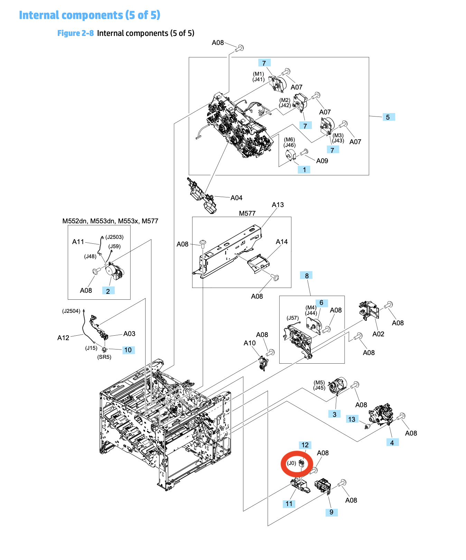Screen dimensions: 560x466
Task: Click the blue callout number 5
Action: [388, 117]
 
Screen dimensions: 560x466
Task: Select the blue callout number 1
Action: [304, 170]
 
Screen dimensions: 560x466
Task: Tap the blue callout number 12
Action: [305, 445]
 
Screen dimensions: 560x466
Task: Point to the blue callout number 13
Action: [352, 419]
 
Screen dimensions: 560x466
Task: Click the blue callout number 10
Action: [128, 350]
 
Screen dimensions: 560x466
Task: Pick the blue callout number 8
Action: [307, 276]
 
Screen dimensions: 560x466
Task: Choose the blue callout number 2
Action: [108, 291]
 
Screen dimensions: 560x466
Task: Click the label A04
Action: [236, 198]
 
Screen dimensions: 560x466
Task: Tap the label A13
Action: [278, 205]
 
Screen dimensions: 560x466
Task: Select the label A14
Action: [282, 242]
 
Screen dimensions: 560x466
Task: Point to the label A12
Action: [63, 338]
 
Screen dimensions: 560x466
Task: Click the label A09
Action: [322, 161]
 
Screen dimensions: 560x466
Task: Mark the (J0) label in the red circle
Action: [292, 463]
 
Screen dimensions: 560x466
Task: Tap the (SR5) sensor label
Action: [104, 357]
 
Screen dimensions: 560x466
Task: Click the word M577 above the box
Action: [247, 213]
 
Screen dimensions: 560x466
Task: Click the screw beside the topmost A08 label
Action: [240, 48]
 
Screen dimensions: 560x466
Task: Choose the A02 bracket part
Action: [370, 309]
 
